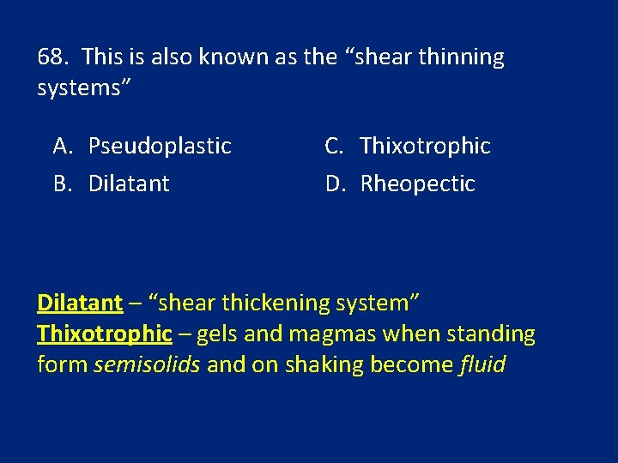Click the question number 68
(x=53, y=57)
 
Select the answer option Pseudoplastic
(x=160, y=147)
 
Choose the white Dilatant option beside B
(x=129, y=183)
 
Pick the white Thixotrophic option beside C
(x=425, y=147)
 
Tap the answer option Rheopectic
(x=417, y=183)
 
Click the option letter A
(x=62, y=147)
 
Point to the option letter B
(x=62, y=183)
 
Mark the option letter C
(x=334, y=147)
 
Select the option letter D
(x=334, y=183)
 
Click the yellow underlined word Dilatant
(x=80, y=303)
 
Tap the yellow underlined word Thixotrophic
(x=105, y=334)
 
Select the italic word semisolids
(x=147, y=365)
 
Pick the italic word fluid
(x=482, y=365)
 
